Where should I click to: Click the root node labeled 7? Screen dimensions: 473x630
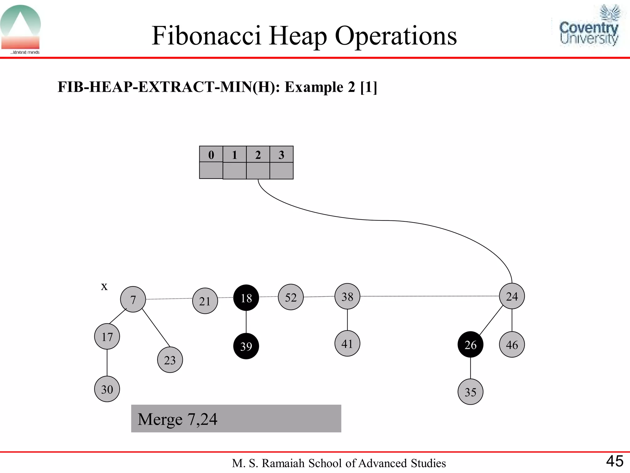[133, 299]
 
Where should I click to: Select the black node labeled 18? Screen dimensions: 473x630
[246, 298]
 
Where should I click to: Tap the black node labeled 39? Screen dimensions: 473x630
[246, 346]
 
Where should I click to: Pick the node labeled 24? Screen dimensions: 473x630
[512, 296]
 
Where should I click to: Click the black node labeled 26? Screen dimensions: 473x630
[470, 345]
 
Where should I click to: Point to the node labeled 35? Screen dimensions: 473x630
[470, 392]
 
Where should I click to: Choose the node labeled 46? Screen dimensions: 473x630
[512, 345]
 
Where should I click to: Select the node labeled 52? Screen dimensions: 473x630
[291, 297]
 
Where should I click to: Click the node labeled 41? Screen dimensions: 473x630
[347, 344]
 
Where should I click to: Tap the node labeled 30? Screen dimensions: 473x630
[107, 389]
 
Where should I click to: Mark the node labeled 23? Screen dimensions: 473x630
[170, 360]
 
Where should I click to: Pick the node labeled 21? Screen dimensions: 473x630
[205, 301]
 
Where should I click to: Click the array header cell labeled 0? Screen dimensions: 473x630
[211, 154]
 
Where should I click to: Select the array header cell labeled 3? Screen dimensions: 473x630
[281, 154]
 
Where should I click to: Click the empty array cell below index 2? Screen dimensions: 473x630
[258, 171]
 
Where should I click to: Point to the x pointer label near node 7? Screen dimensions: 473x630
[104, 286]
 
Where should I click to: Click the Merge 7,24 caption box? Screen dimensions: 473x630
[236, 419]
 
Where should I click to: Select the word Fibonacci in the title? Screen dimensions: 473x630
[206, 36]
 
